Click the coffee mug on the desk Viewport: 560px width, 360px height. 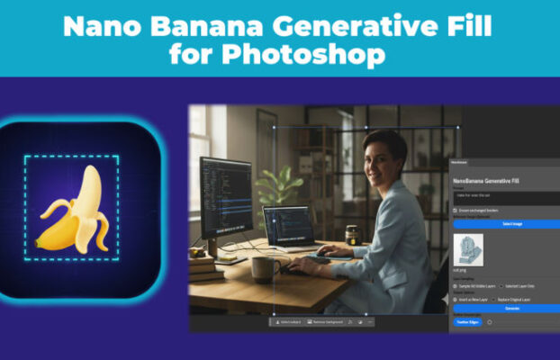click(264, 267)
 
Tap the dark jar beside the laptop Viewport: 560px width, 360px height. click(350, 236)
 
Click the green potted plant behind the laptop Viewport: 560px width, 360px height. click(277, 185)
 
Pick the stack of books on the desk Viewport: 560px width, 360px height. click(203, 262)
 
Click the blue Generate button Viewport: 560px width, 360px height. click(503, 307)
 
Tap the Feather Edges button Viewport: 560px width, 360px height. click(466, 321)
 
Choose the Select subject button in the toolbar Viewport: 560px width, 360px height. click(289, 321)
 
